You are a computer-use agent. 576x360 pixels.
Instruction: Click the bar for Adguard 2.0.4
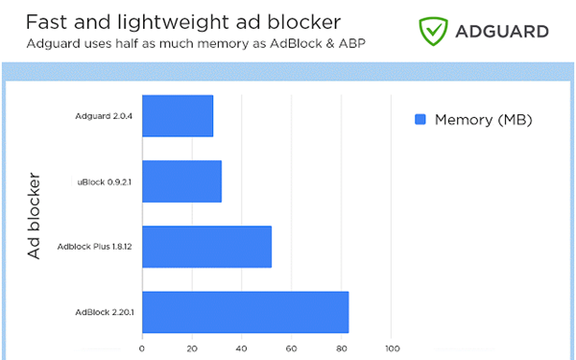(178, 116)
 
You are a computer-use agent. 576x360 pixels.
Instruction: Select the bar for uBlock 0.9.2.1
(181, 181)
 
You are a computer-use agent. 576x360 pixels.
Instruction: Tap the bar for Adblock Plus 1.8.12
(206, 247)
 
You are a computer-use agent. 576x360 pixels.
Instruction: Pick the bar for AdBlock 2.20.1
(245, 312)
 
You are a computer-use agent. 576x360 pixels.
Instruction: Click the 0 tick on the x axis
(142, 348)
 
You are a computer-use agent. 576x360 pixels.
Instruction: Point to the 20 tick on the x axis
(192, 348)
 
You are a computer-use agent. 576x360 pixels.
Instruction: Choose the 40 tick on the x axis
(242, 348)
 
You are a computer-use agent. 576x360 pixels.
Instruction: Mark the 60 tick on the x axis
(292, 348)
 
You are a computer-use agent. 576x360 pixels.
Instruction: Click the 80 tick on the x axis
(342, 348)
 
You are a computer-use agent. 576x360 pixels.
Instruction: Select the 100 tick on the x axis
(392, 348)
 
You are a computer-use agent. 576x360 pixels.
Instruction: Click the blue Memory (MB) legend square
(420, 120)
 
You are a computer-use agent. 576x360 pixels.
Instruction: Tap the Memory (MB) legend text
(483, 120)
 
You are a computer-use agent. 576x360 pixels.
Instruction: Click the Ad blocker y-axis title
(34, 216)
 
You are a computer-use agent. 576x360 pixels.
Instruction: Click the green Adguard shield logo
(434, 31)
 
